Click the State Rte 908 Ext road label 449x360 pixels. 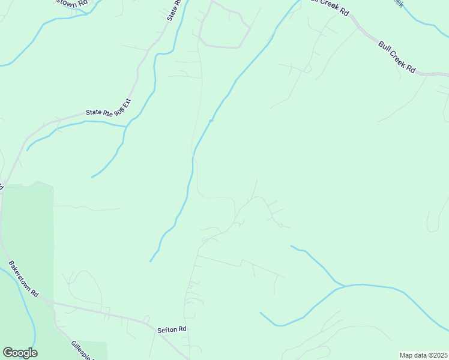(108, 107)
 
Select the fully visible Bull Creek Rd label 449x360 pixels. (397, 56)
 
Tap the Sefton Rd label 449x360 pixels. (172, 329)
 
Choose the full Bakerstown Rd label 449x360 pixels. (23, 279)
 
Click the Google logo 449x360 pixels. (20, 353)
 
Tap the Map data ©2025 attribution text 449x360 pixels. (424, 355)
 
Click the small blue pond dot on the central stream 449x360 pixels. (211, 121)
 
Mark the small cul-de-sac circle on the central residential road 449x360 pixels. (280, 225)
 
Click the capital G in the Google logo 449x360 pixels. (8, 353)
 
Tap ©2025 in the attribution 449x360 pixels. (436, 355)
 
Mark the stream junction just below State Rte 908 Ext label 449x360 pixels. (125, 127)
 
